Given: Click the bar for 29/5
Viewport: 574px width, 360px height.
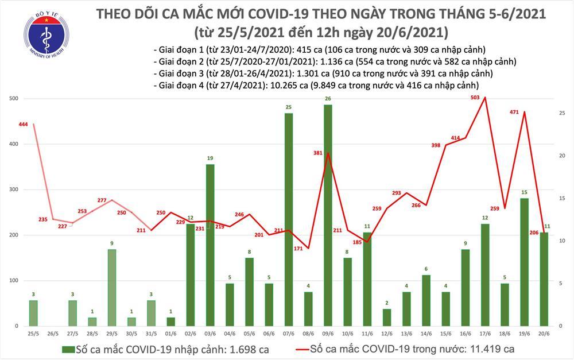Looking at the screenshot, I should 112,287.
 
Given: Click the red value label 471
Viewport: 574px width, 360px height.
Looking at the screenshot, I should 514,113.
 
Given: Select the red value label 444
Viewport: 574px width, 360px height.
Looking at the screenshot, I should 24,125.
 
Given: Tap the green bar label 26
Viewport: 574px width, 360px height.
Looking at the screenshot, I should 327,99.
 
